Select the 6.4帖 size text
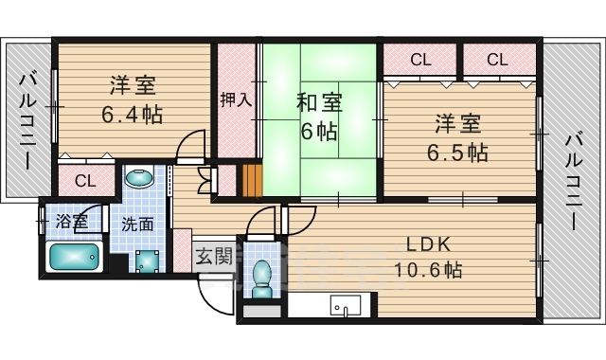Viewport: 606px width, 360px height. [133, 116]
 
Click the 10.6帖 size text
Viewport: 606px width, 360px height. [428, 270]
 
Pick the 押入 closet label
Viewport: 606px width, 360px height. [236, 99]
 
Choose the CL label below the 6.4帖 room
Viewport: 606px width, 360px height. [84, 181]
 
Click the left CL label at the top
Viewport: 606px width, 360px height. [420, 61]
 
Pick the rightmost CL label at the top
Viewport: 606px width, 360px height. [498, 61]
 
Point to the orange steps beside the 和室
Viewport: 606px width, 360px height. [250, 179]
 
